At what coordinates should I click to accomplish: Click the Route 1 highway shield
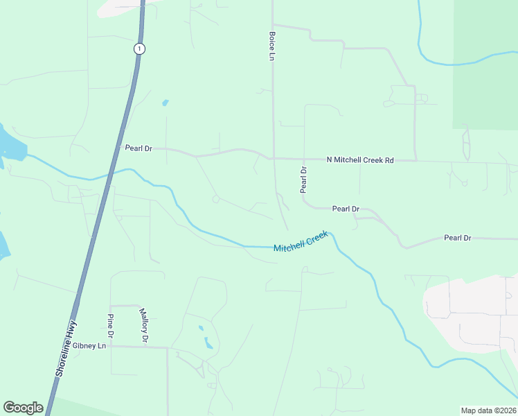click(x=140, y=48)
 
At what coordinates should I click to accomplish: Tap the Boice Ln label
click(x=271, y=44)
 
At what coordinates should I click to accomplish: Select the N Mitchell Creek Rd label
click(x=359, y=160)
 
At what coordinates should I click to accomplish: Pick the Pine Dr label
click(x=110, y=325)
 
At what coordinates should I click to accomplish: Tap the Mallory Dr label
click(x=144, y=326)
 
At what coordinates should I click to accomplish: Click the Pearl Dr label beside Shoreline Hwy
click(x=138, y=148)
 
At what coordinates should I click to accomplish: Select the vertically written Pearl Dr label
click(x=303, y=180)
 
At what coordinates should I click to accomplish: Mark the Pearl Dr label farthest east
click(x=457, y=238)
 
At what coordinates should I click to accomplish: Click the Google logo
click(x=23, y=408)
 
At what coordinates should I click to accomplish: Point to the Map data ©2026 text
click(x=488, y=410)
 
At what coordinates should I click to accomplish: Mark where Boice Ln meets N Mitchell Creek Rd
click(x=273, y=158)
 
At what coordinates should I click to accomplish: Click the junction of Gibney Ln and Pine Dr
click(x=110, y=345)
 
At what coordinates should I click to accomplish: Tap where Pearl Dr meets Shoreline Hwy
click(x=116, y=149)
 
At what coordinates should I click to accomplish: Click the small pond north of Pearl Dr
click(x=165, y=103)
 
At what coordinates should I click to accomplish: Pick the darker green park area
click(x=485, y=62)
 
